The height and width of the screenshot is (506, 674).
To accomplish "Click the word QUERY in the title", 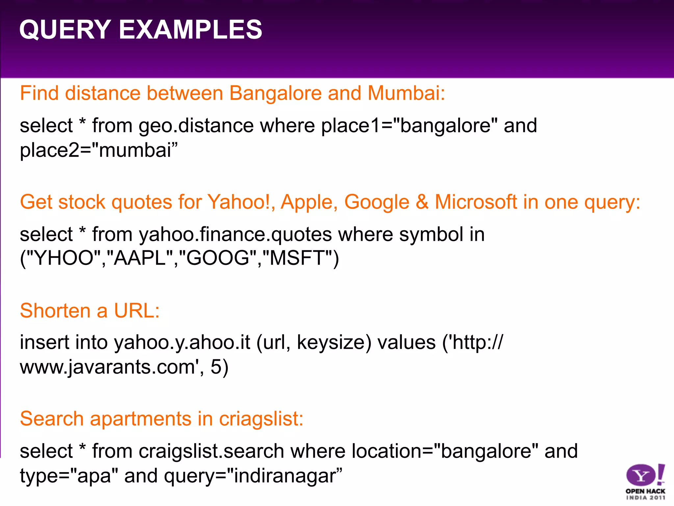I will pos(65,30).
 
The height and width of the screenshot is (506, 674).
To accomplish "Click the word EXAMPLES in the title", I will pos(190,30).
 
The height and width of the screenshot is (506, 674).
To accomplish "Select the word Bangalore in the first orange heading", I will pos(275,93).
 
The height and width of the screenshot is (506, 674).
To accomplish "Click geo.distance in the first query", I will pos(196,126).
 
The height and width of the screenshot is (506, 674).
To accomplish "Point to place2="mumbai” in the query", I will pos(98,150).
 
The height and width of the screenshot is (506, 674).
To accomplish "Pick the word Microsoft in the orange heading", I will pos(476,202).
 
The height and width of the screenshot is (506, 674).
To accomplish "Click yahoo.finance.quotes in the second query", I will pos(235,235).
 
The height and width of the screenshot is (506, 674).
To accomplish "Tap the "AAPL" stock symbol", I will pos(143,258).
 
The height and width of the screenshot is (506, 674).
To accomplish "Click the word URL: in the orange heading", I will pos(137,310).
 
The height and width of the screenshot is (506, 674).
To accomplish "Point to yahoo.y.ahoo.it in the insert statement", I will pos(182,343).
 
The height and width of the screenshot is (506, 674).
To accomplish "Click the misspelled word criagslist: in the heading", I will pos(261,419).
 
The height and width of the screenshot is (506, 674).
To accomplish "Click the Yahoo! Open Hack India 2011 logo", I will pos(645,481).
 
